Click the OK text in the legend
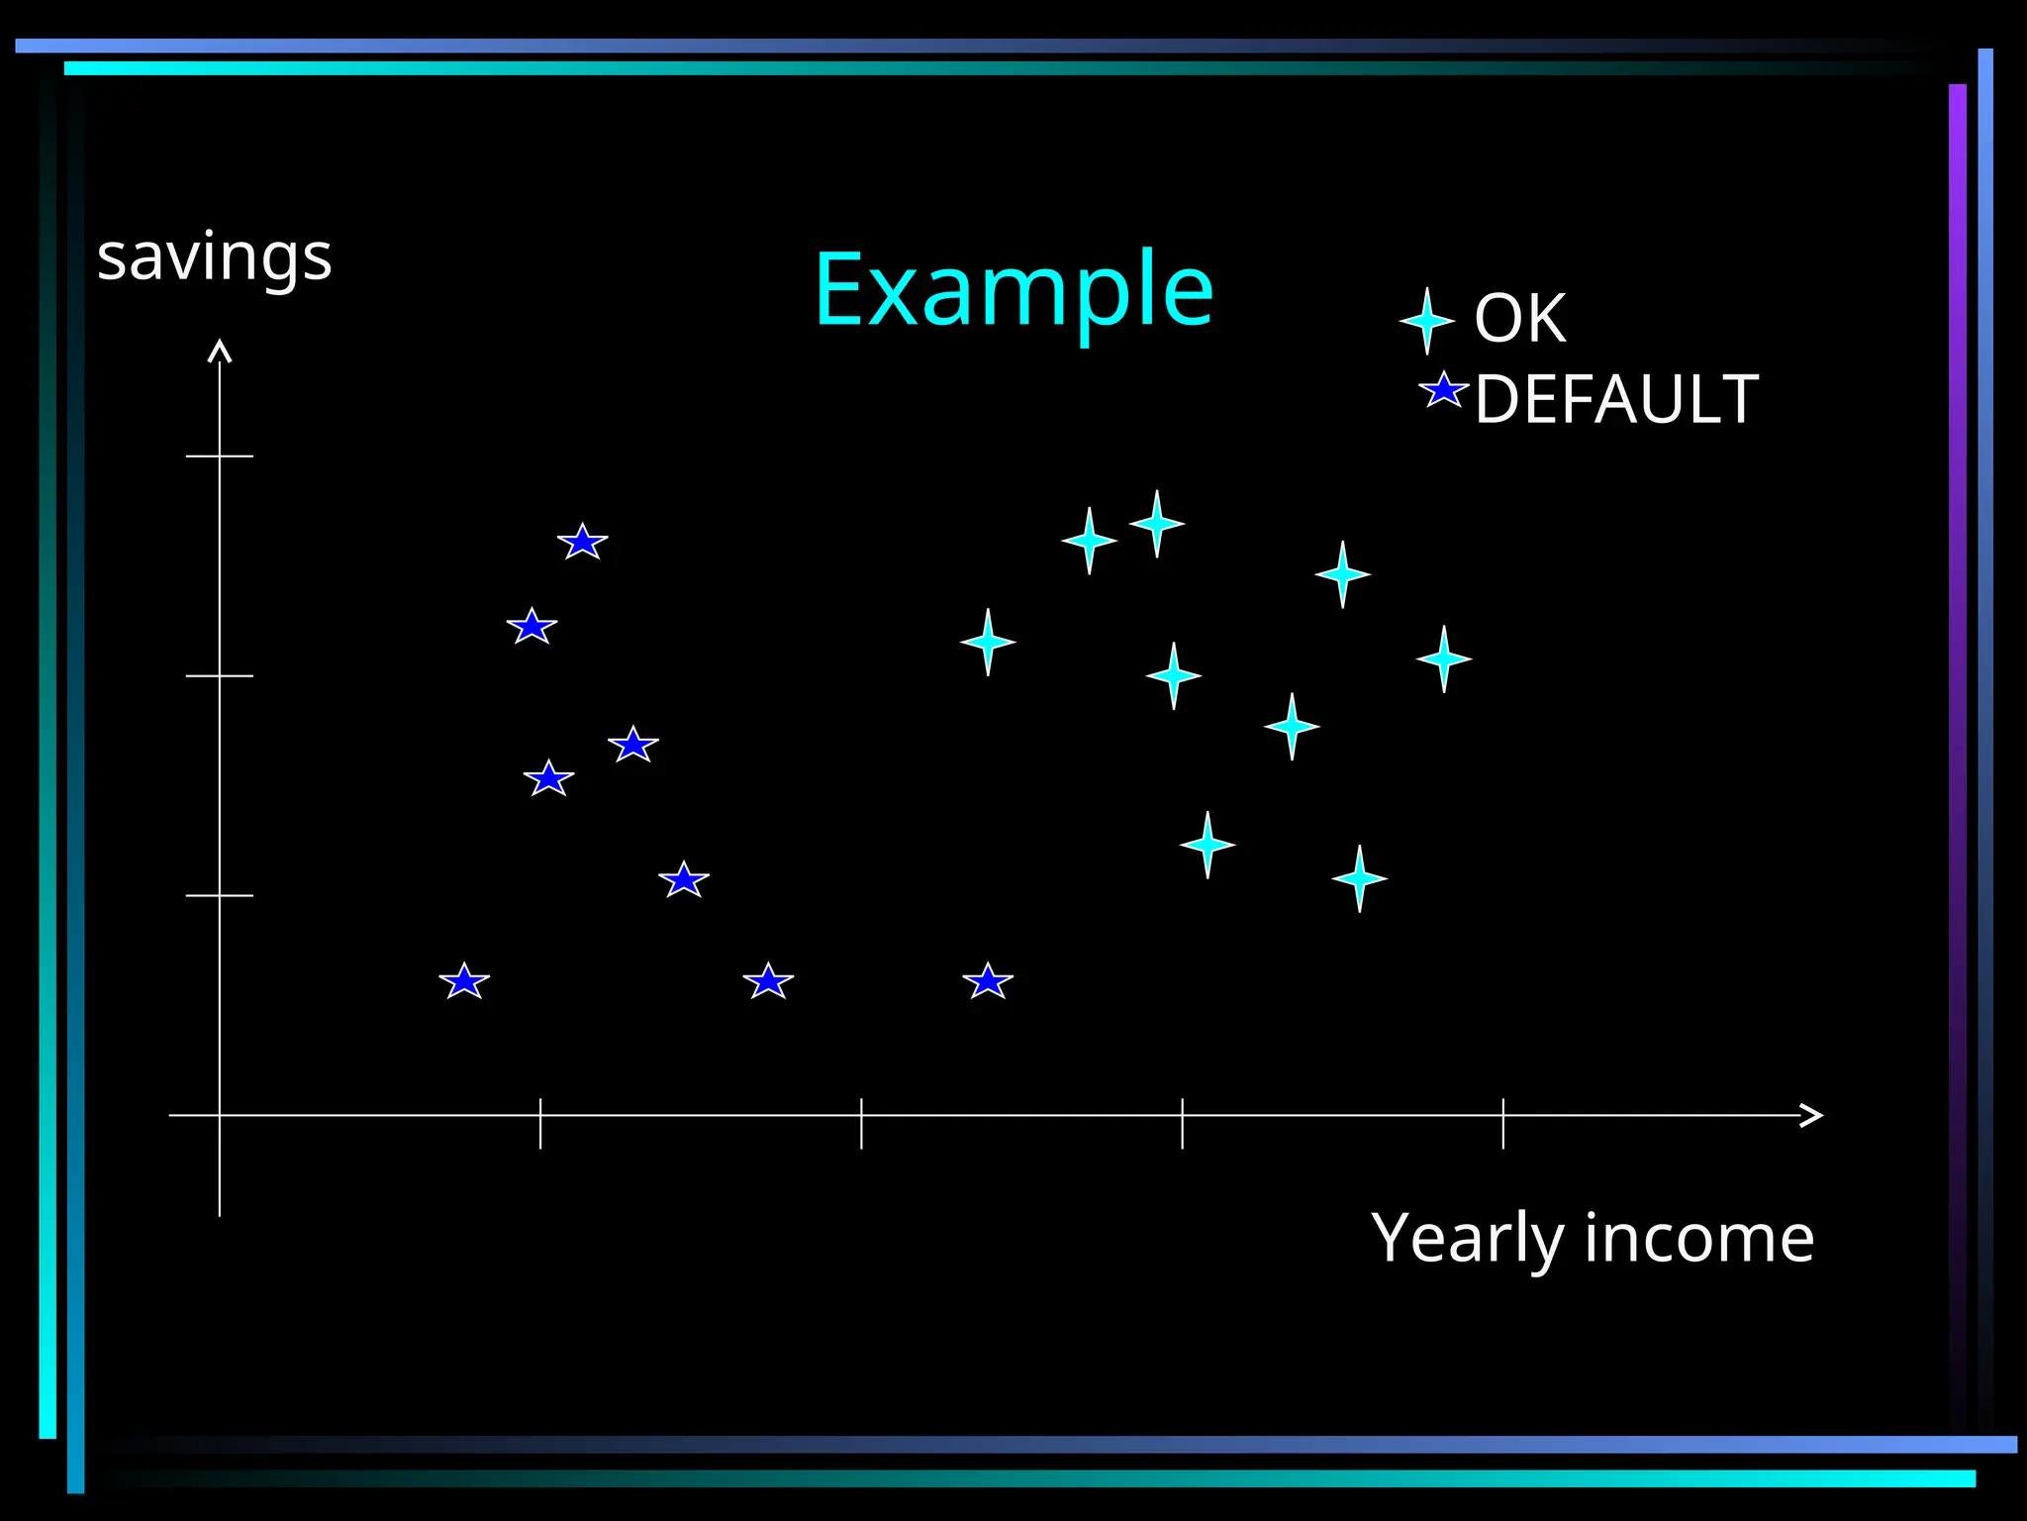tap(1520, 319)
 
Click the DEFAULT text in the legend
tap(1616, 400)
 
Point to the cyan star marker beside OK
tap(1426, 321)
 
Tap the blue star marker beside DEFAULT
tap(1443, 390)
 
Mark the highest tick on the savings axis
tap(220, 456)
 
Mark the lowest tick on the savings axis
tap(220, 895)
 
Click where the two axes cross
tap(220, 1115)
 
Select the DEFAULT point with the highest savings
tap(582, 542)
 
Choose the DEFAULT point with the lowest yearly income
tap(464, 981)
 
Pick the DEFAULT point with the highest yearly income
tap(988, 981)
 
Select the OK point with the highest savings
tap(1156, 524)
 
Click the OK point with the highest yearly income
tap(1443, 659)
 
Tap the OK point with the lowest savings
tap(1359, 878)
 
